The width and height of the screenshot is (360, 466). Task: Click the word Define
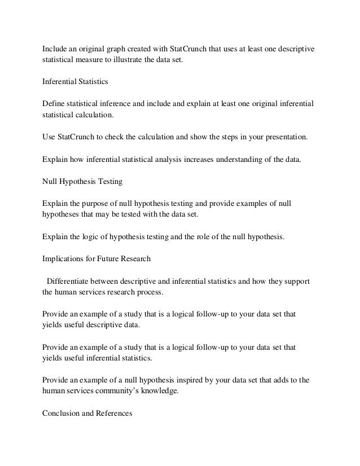55,104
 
